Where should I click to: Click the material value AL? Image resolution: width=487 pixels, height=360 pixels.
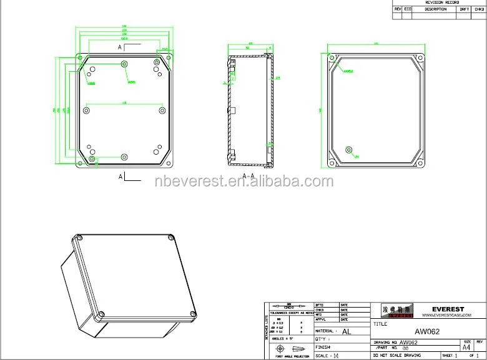pos(347,332)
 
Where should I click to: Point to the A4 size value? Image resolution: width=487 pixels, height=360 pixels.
pos(466,348)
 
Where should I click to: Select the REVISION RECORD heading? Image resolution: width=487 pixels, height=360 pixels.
pos(439,2)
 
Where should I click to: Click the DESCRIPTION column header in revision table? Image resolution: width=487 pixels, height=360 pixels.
pos(435,9)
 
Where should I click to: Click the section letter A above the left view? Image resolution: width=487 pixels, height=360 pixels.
pos(120,47)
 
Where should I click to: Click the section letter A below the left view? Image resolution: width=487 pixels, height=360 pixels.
pos(120,177)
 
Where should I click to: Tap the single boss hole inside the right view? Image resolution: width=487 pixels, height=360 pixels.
pos(348,150)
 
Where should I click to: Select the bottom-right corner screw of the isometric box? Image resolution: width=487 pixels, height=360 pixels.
pos(192,313)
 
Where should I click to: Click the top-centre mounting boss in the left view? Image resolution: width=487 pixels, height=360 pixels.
pos(125,64)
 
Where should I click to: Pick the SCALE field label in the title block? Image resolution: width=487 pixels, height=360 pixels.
pos(322,355)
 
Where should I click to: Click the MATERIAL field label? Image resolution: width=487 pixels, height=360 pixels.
pos(327,331)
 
